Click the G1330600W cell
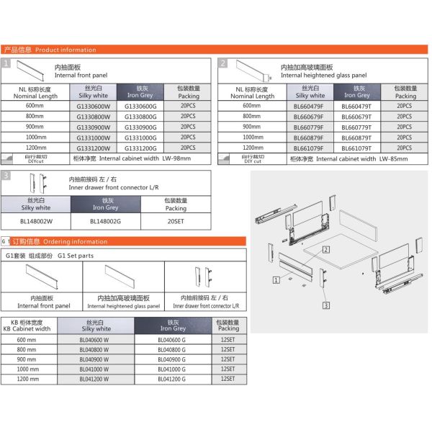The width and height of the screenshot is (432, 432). (x=94, y=107)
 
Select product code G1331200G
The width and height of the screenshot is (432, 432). (x=140, y=147)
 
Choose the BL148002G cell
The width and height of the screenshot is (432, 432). (x=105, y=222)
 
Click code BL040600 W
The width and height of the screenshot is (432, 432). (x=94, y=339)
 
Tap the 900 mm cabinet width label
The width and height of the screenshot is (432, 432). (x=27, y=359)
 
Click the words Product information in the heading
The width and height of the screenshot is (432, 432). (x=66, y=50)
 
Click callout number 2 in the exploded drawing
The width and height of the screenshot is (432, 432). (x=326, y=250)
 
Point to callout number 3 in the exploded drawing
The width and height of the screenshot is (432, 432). (x=325, y=306)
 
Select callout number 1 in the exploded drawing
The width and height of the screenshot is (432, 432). (x=276, y=278)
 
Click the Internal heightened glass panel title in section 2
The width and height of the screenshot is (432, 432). (x=323, y=75)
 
